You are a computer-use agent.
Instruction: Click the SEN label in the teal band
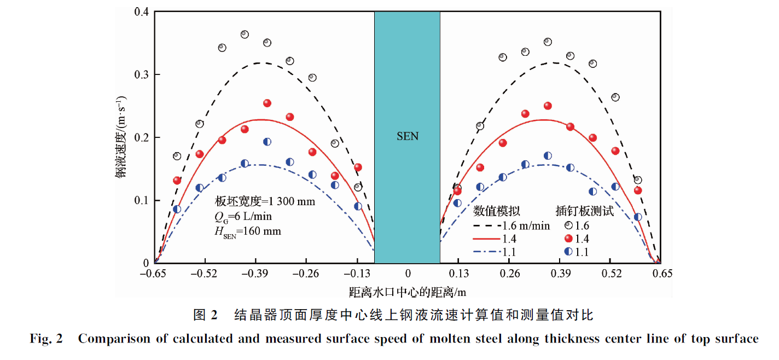pyautogui.click(x=407, y=136)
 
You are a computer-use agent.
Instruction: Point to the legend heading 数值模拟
pyautogui.click(x=496, y=211)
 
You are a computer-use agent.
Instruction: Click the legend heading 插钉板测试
pyautogui.click(x=584, y=211)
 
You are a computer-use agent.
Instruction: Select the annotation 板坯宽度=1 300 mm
pyautogui.click(x=265, y=201)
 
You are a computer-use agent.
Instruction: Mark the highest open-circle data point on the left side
pyautogui.click(x=245, y=34)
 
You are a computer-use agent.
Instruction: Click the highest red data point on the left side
pyautogui.click(x=267, y=103)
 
